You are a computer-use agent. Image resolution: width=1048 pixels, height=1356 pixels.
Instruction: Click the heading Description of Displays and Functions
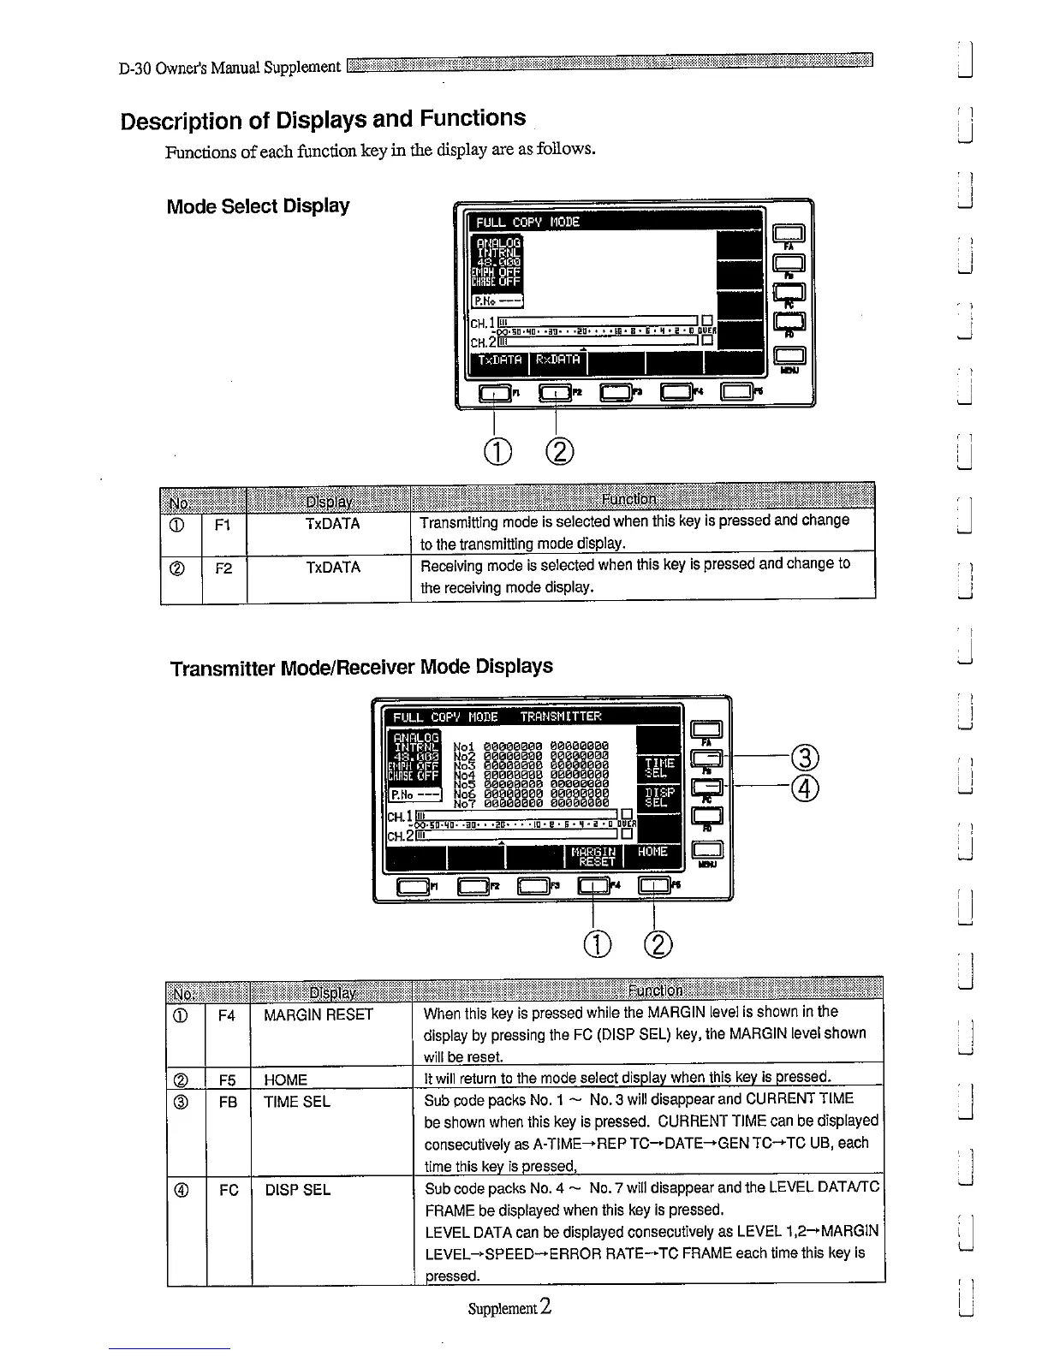point(323,119)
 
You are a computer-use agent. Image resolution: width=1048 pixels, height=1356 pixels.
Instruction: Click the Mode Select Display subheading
point(258,206)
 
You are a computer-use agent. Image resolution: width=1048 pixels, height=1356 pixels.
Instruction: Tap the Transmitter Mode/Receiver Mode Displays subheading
point(361,666)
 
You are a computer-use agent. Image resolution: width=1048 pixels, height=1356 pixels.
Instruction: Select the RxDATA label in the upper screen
point(557,360)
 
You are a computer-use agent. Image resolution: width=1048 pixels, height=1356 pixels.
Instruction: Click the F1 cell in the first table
point(223,524)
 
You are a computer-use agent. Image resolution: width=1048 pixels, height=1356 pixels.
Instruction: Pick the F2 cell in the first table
point(223,568)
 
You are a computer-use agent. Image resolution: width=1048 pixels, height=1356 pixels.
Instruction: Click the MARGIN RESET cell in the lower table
point(319,1015)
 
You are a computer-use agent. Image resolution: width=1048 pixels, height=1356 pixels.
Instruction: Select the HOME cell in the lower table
point(286,1079)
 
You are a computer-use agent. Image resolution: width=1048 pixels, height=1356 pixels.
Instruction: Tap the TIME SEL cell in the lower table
point(297,1102)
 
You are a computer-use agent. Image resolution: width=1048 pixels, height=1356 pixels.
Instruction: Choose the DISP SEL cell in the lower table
point(297,1190)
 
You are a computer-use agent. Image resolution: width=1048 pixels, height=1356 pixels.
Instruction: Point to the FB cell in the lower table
point(228,1102)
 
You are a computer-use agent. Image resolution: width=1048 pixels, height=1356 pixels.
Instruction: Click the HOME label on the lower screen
point(652,852)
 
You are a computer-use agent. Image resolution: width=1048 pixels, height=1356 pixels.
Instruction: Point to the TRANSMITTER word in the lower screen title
point(560,717)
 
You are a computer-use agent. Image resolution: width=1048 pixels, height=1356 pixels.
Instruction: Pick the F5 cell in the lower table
point(228,1079)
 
